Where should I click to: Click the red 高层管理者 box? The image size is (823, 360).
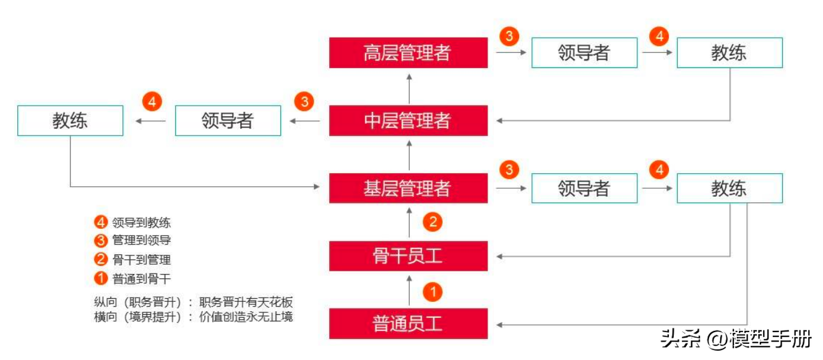coord(408,53)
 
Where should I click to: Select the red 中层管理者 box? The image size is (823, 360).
coord(408,121)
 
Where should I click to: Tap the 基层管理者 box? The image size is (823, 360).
coord(408,188)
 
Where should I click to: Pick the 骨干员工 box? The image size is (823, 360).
coord(408,256)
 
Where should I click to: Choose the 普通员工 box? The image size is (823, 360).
coord(408,324)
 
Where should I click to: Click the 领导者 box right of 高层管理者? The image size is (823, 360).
coord(584,53)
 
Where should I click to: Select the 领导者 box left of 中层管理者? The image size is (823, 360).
coord(228,121)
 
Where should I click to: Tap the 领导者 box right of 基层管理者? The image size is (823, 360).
coord(584,188)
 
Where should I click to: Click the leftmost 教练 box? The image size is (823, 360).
coord(70,121)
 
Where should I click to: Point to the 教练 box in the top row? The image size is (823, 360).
coord(729,53)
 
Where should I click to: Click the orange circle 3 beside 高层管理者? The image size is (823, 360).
coord(509,36)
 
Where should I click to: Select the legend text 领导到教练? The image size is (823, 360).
coord(142,222)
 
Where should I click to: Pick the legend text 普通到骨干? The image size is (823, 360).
coord(142,278)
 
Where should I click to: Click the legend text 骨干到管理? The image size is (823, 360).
coord(142,260)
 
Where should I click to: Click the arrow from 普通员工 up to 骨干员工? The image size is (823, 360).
coord(408,289)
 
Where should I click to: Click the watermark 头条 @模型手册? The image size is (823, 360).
coord(736,338)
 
